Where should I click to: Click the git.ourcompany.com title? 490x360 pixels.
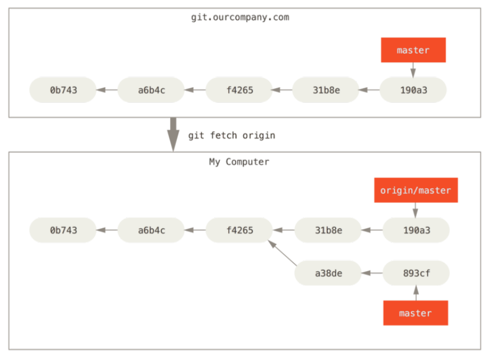click(x=240, y=17)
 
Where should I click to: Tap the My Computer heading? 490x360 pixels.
click(x=239, y=162)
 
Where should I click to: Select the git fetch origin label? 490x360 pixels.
click(x=232, y=135)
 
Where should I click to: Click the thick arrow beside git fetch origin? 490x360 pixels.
click(x=173, y=134)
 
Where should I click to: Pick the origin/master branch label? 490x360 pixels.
click(x=416, y=190)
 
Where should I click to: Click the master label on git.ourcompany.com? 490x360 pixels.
click(x=413, y=50)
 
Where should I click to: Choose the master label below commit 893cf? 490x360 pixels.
click(x=416, y=313)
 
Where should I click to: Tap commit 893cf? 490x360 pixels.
click(x=416, y=273)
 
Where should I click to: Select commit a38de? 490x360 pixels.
click(x=328, y=273)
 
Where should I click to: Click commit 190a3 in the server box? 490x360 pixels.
click(x=413, y=90)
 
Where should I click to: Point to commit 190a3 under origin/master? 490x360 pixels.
click(x=416, y=231)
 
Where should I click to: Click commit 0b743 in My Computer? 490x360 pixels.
click(x=63, y=231)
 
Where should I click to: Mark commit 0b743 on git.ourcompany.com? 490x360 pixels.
click(x=63, y=90)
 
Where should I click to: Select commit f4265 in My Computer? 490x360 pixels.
click(x=239, y=231)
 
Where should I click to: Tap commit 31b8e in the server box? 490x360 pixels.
click(x=326, y=90)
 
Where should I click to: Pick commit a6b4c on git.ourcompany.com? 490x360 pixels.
click(x=152, y=90)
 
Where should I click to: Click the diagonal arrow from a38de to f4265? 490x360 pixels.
click(x=283, y=253)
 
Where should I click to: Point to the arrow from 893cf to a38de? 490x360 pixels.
click(x=372, y=273)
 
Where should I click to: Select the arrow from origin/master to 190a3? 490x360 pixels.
click(x=415, y=210)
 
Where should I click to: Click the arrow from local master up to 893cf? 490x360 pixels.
click(x=416, y=293)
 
